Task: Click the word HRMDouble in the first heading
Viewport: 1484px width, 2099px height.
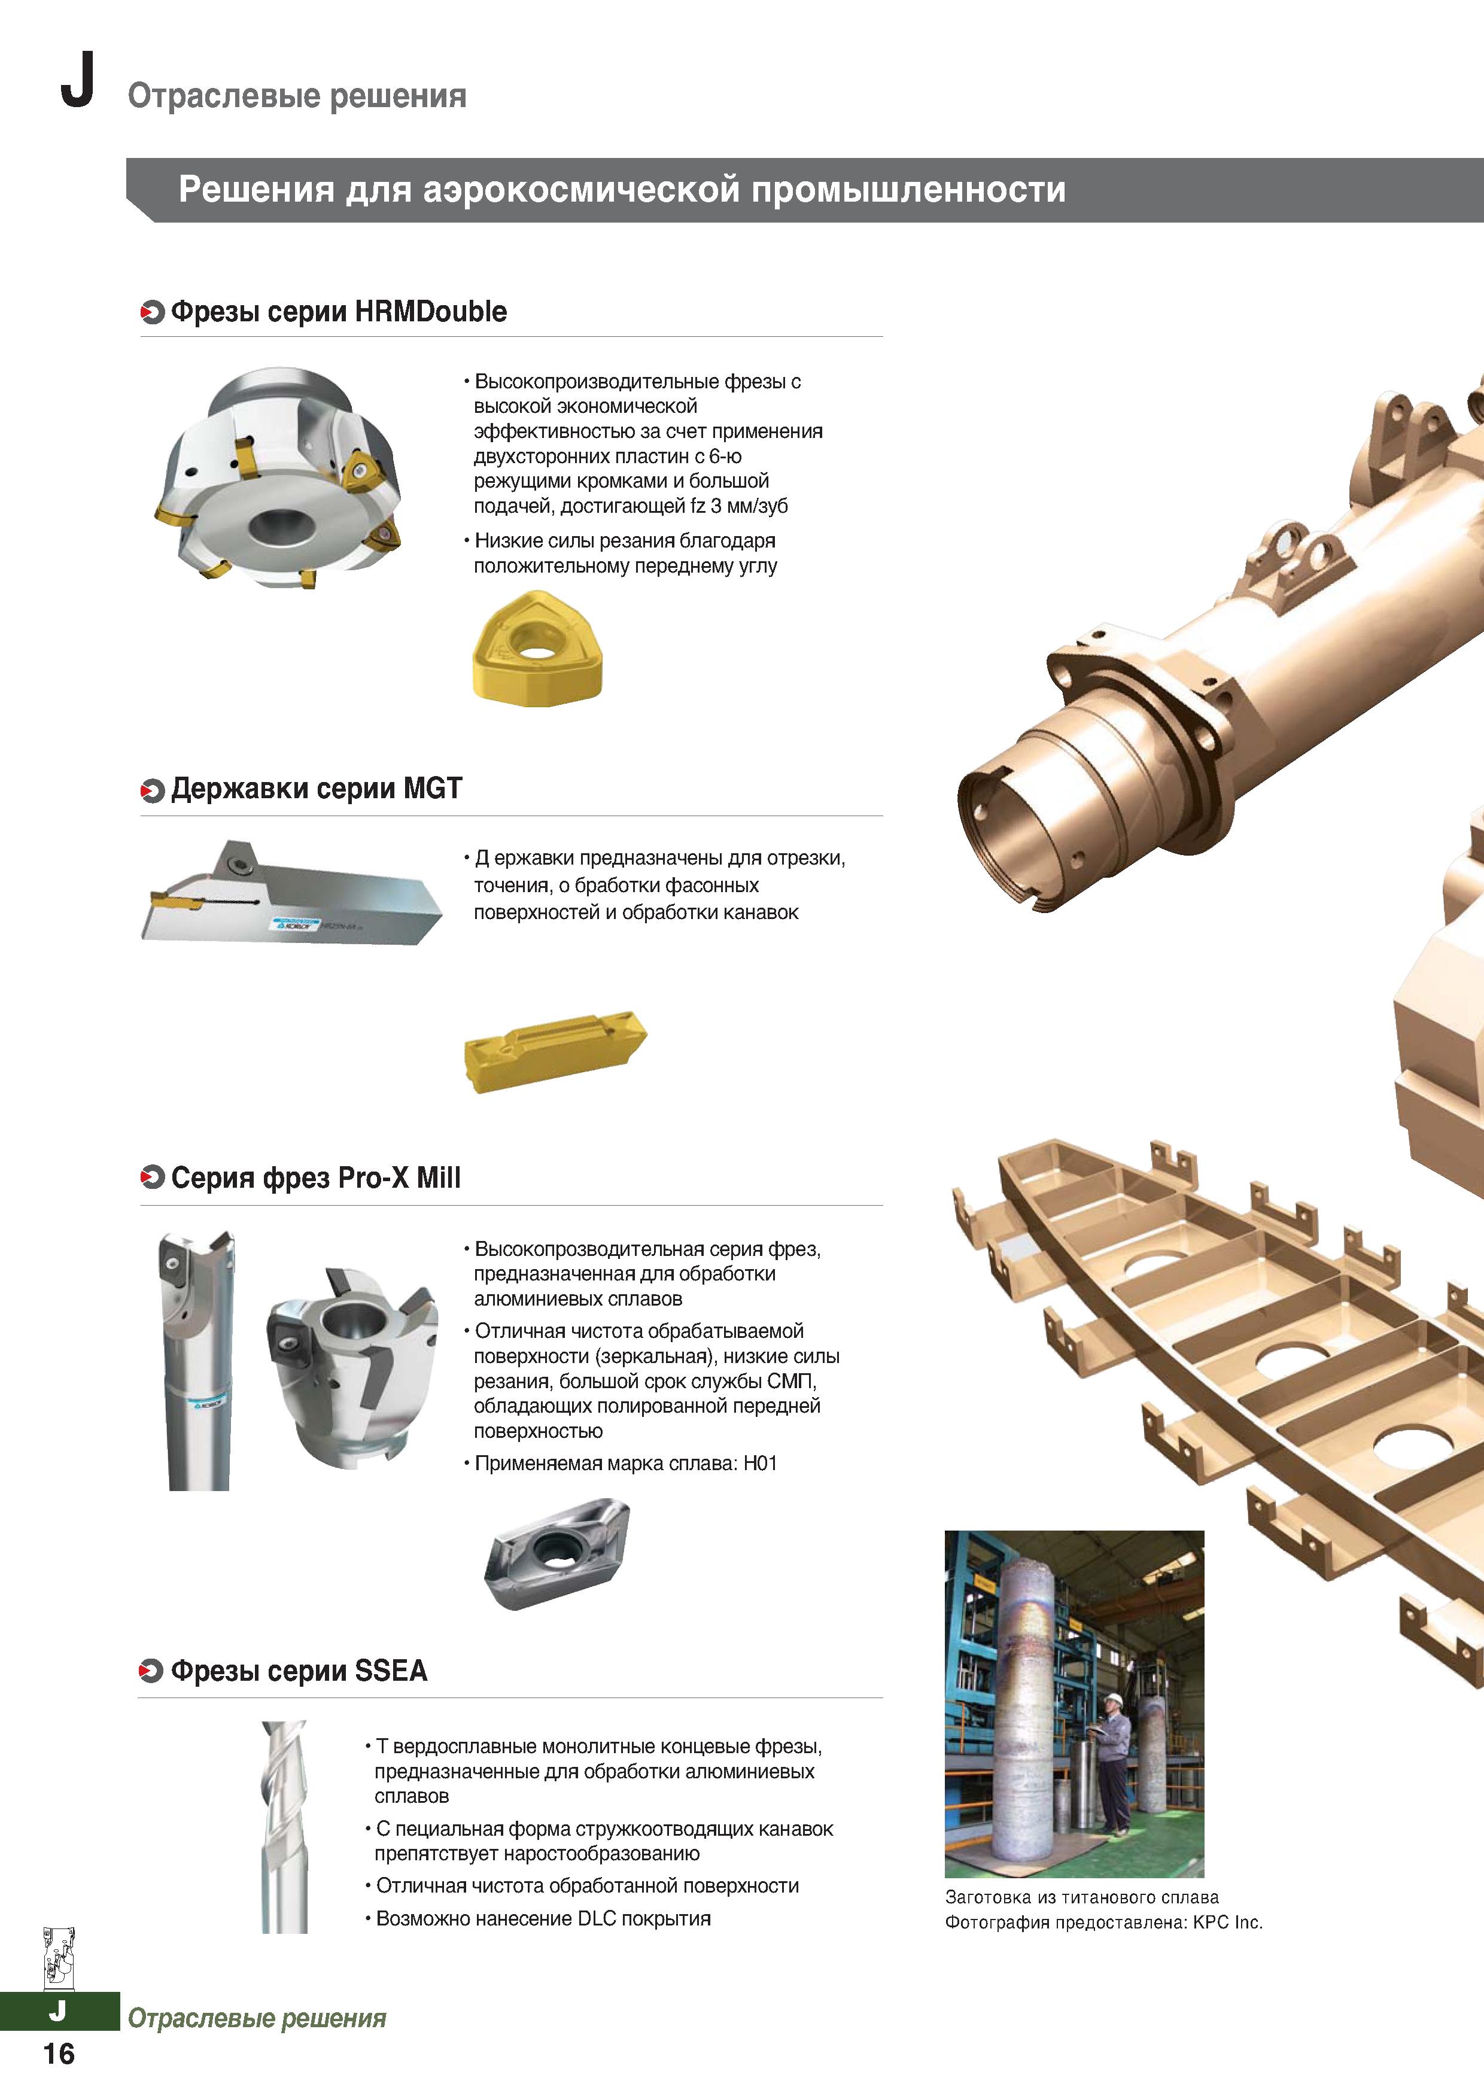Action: pyautogui.click(x=431, y=312)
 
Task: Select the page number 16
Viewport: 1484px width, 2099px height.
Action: pyautogui.click(x=59, y=2054)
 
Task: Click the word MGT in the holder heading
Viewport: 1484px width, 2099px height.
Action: pyautogui.click(x=433, y=788)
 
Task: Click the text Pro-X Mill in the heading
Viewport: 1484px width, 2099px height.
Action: pyautogui.click(x=400, y=1178)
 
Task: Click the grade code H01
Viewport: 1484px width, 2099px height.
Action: pyautogui.click(x=760, y=1464)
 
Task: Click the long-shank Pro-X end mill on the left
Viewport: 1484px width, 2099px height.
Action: pyautogui.click(x=197, y=1359)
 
